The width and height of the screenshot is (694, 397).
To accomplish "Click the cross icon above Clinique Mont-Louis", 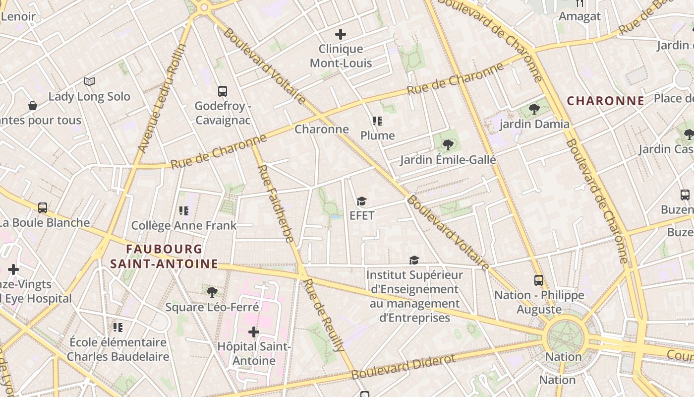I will pyautogui.click(x=341, y=34).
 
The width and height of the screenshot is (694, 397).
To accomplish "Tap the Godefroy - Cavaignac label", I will pyautogui.click(x=223, y=113).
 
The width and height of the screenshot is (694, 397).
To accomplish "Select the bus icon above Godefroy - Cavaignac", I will pyautogui.click(x=223, y=91).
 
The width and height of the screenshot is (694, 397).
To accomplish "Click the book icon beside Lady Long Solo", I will pyautogui.click(x=89, y=82).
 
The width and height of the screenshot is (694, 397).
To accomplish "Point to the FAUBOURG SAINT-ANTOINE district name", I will pyautogui.click(x=164, y=256).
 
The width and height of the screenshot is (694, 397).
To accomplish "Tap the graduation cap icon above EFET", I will pyautogui.click(x=361, y=201).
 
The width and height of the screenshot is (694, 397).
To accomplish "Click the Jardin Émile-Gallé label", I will pyautogui.click(x=448, y=160).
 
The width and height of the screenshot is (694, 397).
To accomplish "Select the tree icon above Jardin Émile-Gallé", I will pyautogui.click(x=448, y=144).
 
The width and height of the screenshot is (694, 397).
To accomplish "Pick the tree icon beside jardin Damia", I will pyautogui.click(x=534, y=109).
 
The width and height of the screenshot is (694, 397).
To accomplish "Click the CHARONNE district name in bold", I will pyautogui.click(x=605, y=101).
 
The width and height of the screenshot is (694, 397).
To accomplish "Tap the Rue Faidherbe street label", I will pyautogui.click(x=276, y=203).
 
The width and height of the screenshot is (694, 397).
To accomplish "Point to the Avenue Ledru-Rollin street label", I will pyautogui.click(x=162, y=98).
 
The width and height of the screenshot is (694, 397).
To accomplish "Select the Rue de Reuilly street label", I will pyautogui.click(x=324, y=315).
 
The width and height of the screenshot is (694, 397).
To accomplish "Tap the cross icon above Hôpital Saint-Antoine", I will pyautogui.click(x=254, y=331).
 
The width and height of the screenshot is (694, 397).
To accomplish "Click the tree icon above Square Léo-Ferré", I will pyautogui.click(x=212, y=292).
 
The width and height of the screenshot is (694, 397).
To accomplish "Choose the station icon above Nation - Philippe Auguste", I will pyautogui.click(x=539, y=280).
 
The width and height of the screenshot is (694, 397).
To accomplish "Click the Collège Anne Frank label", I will pyautogui.click(x=184, y=226).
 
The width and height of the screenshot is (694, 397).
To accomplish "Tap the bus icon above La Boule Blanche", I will pyautogui.click(x=43, y=208).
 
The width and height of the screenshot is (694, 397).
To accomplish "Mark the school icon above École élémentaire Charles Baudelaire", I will pyautogui.click(x=117, y=327).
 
